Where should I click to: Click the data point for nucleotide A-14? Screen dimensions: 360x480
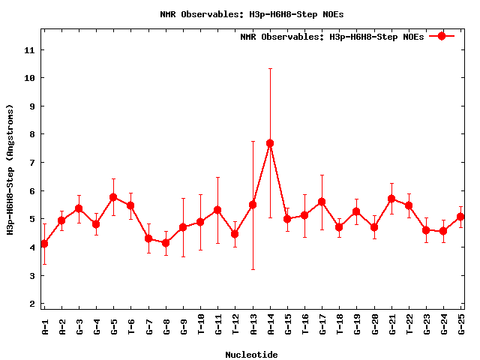pyautogui.click(x=270, y=143)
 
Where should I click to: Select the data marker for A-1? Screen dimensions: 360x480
pyautogui.click(x=44, y=244)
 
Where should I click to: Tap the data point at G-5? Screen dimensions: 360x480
pyautogui.click(x=113, y=197)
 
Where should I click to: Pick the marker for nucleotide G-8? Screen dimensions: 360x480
pyautogui.click(x=166, y=243)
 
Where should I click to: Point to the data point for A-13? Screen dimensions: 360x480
pyautogui.click(x=253, y=205)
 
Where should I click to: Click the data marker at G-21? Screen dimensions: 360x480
pyautogui.click(x=391, y=199)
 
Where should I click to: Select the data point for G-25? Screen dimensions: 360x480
pyautogui.click(x=460, y=217)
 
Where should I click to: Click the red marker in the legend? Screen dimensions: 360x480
pyautogui.click(x=442, y=36)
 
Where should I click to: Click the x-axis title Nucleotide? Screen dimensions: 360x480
pyautogui.click(x=251, y=355)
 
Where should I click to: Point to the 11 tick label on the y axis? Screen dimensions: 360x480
pyautogui.click(x=29, y=49)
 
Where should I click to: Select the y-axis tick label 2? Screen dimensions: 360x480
pyautogui.click(x=32, y=304)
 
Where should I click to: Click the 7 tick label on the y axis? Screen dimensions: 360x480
pyautogui.click(x=32, y=163)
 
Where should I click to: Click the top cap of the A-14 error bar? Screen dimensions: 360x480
pyautogui.click(x=270, y=68)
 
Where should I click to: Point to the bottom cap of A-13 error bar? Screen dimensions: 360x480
pyautogui.click(x=253, y=269)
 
